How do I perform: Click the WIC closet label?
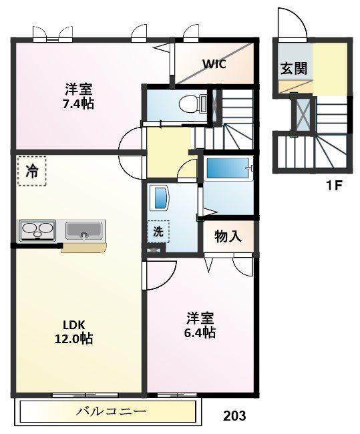coord(214,64)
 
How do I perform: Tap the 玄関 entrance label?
coord(294,69)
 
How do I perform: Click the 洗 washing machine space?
coord(158,232)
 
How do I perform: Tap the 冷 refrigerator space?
coord(31,171)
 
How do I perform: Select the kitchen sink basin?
coord(84,230)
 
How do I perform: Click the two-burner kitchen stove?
coord(37,230)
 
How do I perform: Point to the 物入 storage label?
coord(228,236)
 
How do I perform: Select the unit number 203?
coord(234,415)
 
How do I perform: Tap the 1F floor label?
coord(334,186)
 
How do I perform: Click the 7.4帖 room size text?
coord(78,103)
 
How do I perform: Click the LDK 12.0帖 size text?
coord(73,332)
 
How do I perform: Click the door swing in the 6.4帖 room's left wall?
coord(160,275)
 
